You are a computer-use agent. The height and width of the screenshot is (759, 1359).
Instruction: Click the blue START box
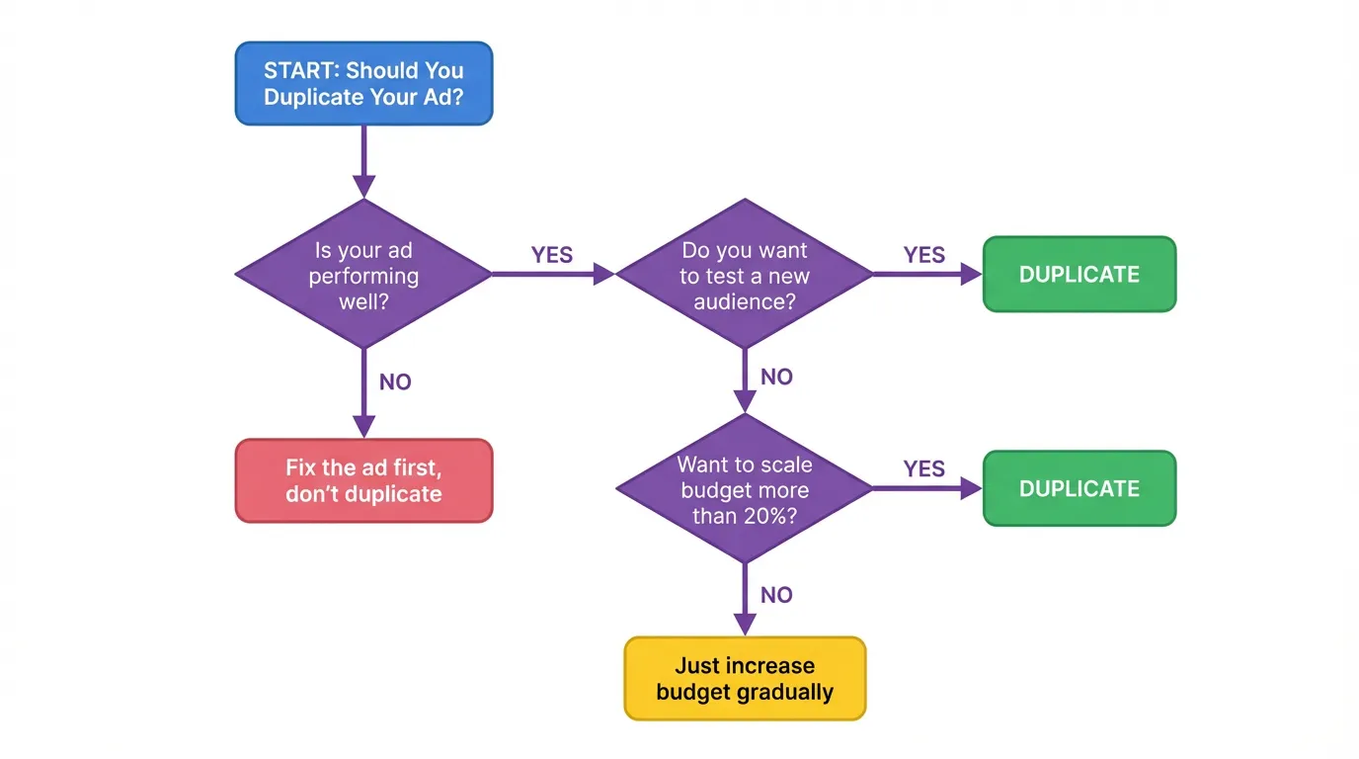(363, 84)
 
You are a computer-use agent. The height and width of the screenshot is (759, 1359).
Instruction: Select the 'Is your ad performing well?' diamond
(363, 275)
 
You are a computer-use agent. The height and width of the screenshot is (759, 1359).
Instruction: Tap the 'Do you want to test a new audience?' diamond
(744, 275)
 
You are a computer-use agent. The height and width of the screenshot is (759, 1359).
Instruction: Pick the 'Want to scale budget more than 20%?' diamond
(744, 489)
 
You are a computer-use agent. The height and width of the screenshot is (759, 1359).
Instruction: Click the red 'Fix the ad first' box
(363, 480)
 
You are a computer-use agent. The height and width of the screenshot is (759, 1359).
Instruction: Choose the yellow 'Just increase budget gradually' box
(745, 678)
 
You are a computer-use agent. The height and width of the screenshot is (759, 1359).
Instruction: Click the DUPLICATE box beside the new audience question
(1079, 275)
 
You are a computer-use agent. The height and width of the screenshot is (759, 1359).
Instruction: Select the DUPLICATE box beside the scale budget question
(1079, 489)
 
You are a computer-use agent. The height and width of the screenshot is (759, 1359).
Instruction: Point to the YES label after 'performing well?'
(551, 255)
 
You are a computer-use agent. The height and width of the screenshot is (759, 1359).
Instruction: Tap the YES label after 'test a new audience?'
(923, 255)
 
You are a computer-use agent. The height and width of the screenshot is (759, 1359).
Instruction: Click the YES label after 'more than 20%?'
(923, 469)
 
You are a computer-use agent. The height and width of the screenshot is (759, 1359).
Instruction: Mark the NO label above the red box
(395, 382)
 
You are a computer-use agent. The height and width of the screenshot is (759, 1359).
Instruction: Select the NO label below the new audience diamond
(776, 377)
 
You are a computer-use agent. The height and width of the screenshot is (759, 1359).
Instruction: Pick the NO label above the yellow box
(776, 595)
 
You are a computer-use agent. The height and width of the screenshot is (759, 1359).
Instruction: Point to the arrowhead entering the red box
(364, 426)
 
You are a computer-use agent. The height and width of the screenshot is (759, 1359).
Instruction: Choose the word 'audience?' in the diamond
(744, 301)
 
